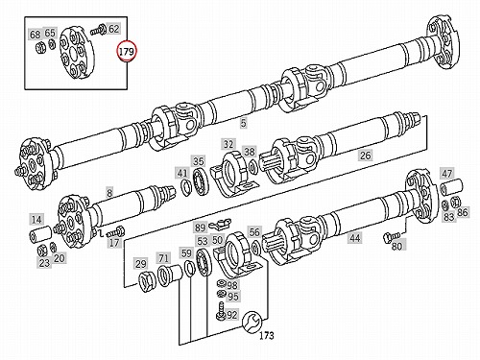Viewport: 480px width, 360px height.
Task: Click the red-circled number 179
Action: click(x=127, y=51)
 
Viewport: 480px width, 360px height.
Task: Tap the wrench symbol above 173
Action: click(x=252, y=321)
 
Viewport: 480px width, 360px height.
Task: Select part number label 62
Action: click(x=114, y=29)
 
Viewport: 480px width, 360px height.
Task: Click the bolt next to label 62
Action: click(x=98, y=29)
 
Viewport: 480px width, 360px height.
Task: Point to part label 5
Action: click(x=244, y=123)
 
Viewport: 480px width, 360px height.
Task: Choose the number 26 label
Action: click(x=365, y=156)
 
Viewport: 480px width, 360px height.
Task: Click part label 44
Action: click(x=355, y=237)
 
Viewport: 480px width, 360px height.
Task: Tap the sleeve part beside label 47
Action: click(x=451, y=187)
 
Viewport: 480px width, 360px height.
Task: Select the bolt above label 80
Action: click(x=391, y=236)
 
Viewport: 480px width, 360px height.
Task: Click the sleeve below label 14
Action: click(x=40, y=233)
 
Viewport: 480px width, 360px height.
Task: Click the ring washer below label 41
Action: click(x=185, y=187)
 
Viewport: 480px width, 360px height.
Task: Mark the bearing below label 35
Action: click(x=201, y=181)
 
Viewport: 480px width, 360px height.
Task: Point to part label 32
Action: click(x=228, y=144)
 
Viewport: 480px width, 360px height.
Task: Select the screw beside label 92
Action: click(x=221, y=310)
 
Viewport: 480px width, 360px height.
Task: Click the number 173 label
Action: click(x=267, y=335)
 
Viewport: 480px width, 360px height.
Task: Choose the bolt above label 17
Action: click(x=115, y=231)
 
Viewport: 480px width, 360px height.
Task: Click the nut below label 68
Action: click(x=39, y=48)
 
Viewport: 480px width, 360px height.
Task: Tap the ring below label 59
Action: click(x=190, y=268)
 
